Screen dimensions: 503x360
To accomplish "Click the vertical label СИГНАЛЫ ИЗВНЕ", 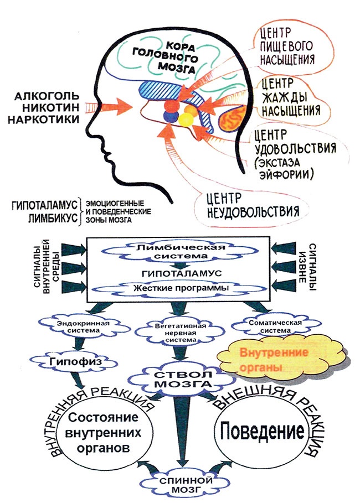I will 311,264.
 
